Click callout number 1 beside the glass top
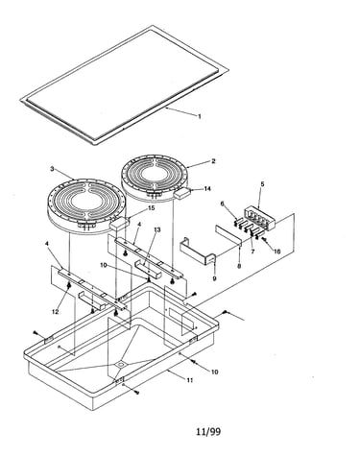coord(200,116)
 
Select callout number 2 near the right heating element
coord(213,161)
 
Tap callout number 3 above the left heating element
coord(52,169)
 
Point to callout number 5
coord(262,184)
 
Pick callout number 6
coord(223,204)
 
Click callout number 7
coord(252,252)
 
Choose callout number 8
coord(239,266)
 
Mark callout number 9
coord(214,278)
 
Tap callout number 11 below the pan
coord(190,380)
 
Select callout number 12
coord(56,311)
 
